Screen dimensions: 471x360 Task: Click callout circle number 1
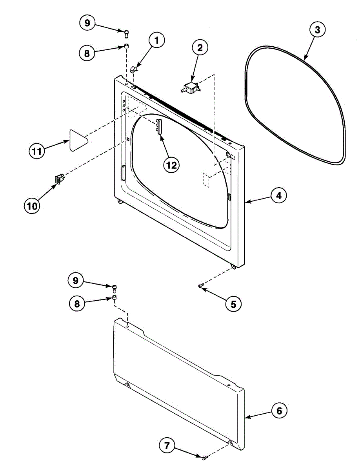156,41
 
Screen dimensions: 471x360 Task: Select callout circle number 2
200,48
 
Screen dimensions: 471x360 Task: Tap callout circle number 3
317,29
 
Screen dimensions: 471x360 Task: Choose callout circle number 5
233,303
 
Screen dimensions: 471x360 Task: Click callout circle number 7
167,445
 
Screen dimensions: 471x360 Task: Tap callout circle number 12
171,165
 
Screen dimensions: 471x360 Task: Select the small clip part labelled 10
59,179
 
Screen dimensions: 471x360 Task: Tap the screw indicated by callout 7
204,457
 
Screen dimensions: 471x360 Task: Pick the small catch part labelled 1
133,69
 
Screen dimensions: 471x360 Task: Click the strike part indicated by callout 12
158,126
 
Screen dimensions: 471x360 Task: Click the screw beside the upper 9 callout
127,32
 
